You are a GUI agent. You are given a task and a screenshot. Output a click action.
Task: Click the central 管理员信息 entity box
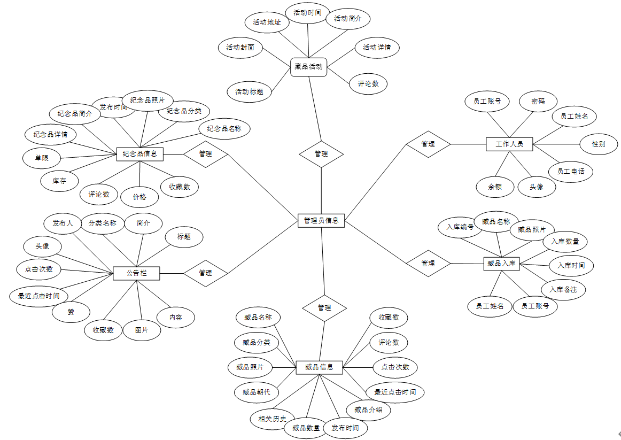[x=321, y=220]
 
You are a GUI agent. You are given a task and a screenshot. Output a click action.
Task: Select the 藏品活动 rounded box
[x=308, y=67]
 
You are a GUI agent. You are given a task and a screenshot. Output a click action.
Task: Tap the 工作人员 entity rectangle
[x=509, y=144]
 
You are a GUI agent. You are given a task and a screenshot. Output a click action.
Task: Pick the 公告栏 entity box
[x=136, y=273]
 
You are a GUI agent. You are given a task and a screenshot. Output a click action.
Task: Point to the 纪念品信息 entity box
[x=139, y=154]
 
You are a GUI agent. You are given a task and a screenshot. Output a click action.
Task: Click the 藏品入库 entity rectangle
[x=501, y=263]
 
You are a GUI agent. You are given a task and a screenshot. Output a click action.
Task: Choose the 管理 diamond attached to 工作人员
[x=428, y=144]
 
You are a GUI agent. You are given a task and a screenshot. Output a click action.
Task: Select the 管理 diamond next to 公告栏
[x=206, y=273]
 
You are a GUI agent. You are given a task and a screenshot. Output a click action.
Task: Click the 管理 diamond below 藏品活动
[x=321, y=154]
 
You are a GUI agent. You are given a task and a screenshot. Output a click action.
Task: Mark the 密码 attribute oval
[x=538, y=101]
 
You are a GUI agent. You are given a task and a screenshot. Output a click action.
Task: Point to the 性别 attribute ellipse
[x=599, y=144]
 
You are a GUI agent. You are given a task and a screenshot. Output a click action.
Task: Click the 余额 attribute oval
[x=495, y=187]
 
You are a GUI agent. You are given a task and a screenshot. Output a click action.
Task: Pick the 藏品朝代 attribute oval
[x=257, y=392]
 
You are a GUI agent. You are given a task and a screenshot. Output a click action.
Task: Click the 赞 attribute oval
[x=71, y=312]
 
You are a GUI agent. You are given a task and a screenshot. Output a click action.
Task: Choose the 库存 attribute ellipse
[x=59, y=181]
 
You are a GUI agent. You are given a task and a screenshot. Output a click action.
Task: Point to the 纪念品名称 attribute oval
[x=224, y=129]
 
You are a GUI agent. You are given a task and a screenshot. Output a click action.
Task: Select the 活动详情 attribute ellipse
[x=377, y=48]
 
